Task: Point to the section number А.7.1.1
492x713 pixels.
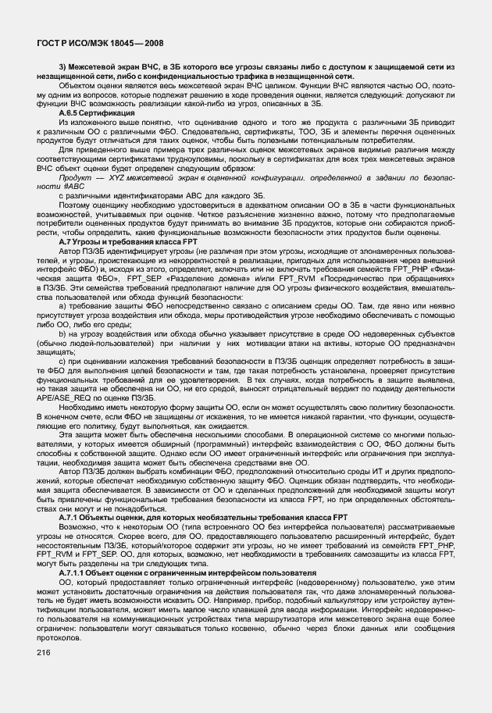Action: [x=77, y=572]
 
